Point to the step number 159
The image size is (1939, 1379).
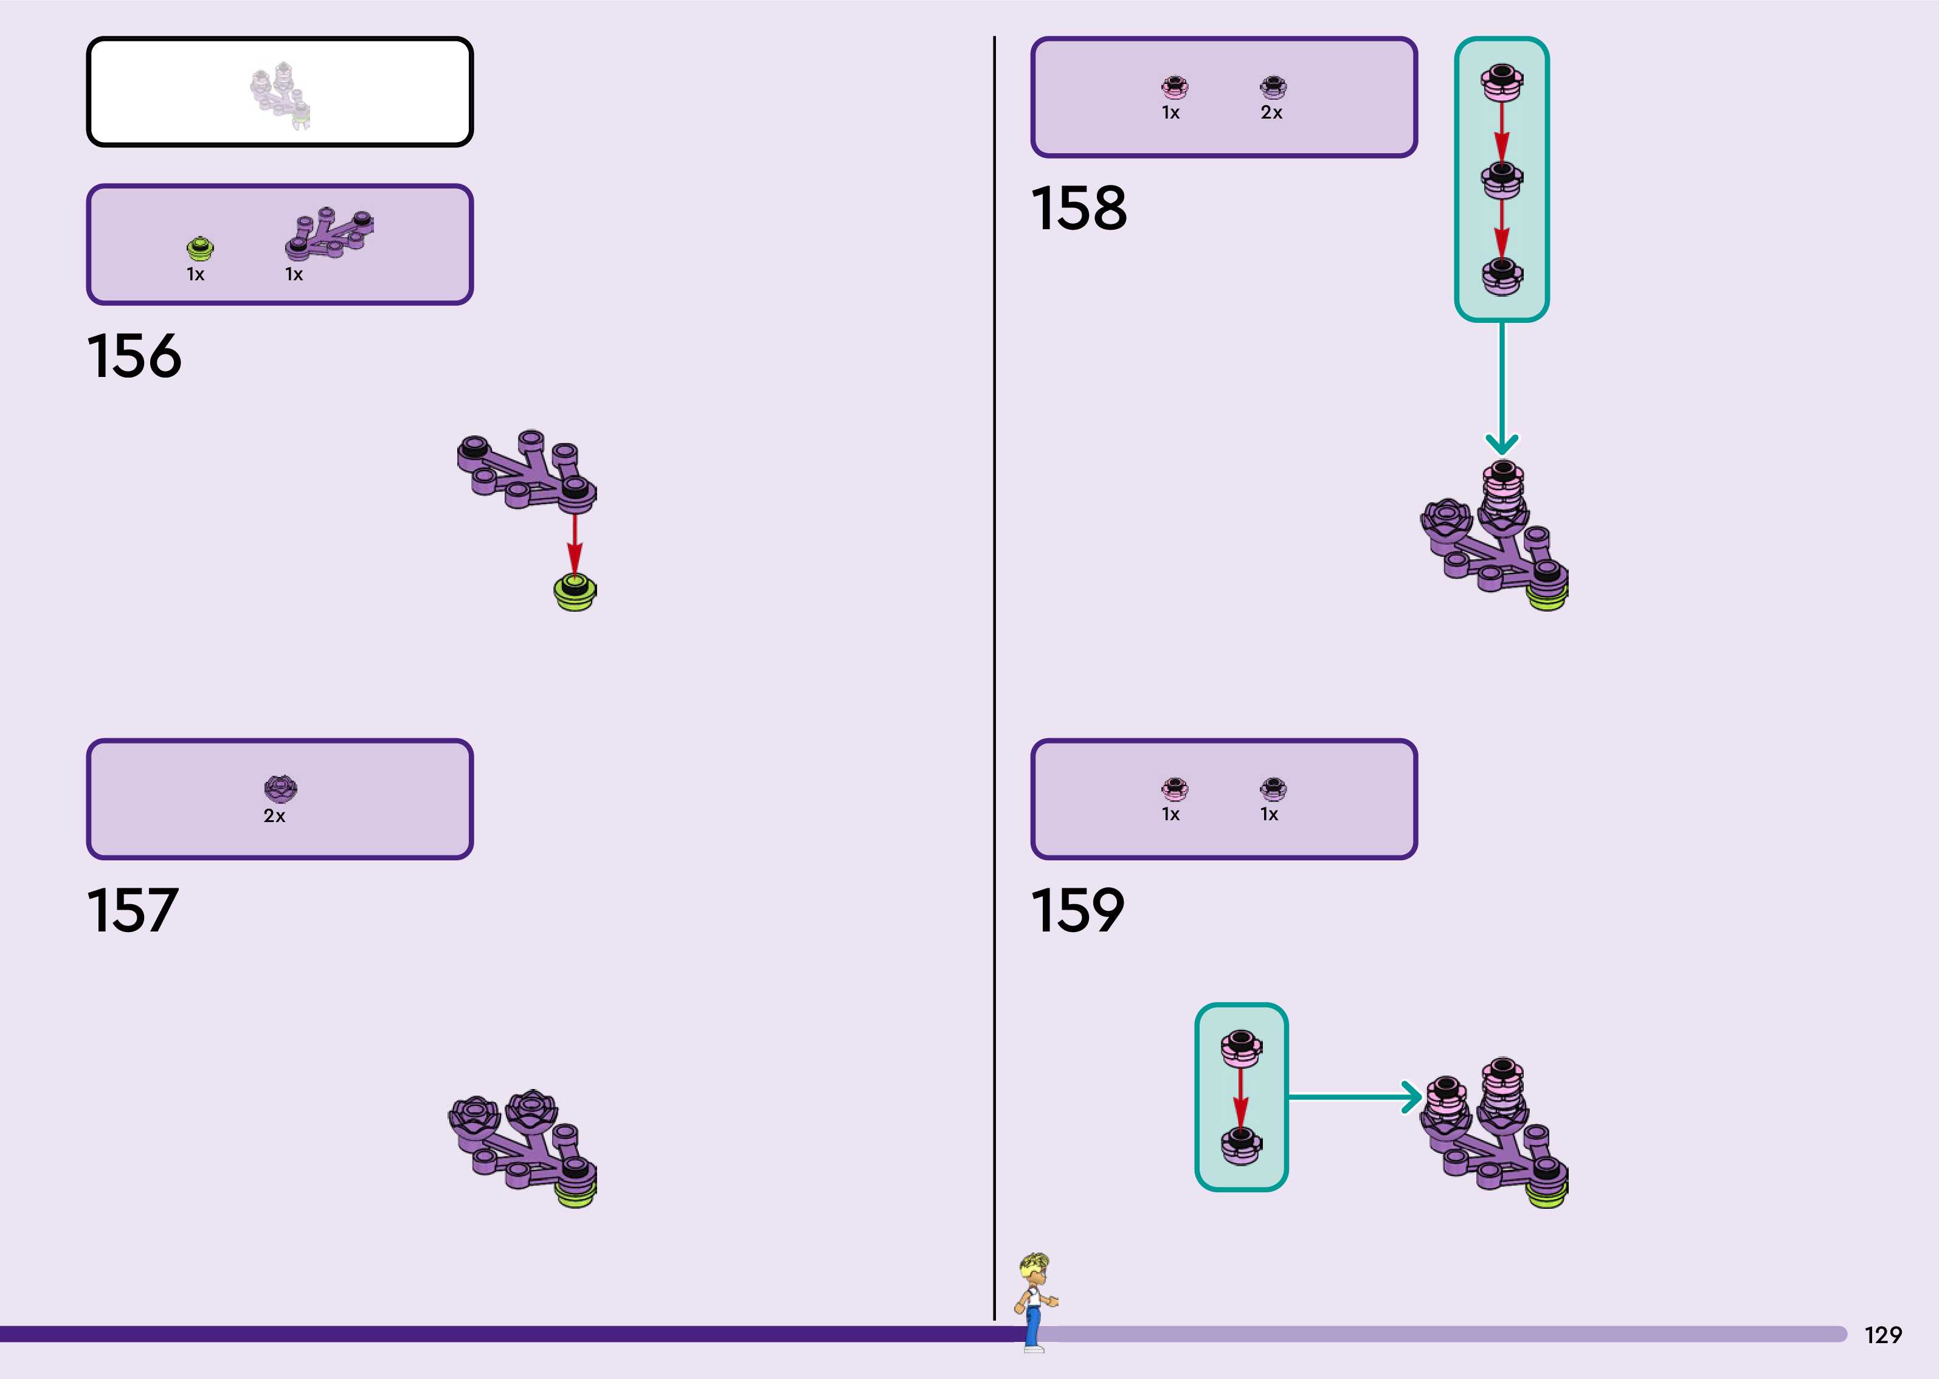point(1077,910)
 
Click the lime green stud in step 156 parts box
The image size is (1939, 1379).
point(201,248)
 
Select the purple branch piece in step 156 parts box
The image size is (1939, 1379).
point(330,233)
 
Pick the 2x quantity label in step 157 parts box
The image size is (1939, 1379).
point(274,816)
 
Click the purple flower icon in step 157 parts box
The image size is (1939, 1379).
point(280,788)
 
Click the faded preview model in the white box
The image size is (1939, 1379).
point(280,94)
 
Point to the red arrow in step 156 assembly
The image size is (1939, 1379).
point(575,544)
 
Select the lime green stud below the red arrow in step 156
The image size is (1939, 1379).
point(575,592)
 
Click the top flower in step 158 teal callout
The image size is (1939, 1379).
point(1502,81)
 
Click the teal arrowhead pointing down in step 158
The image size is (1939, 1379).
point(1502,444)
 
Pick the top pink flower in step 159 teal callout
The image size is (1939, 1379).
point(1241,1048)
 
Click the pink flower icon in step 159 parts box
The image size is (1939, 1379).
point(1175,789)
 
